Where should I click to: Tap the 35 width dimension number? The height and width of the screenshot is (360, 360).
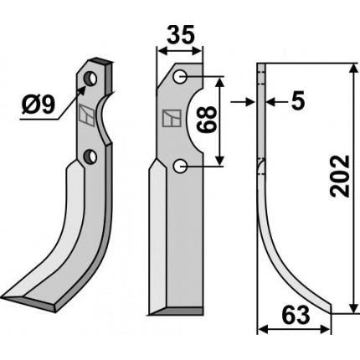(x=180, y=35)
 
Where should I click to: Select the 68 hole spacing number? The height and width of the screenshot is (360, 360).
(x=207, y=119)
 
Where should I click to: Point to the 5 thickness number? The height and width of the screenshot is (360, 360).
(x=297, y=101)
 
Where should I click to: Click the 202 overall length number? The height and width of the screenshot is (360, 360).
(x=340, y=176)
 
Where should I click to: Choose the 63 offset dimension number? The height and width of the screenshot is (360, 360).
(x=296, y=316)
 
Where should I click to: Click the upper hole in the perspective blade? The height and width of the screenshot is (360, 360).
(x=90, y=79)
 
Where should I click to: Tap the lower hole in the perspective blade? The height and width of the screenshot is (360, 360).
(x=90, y=157)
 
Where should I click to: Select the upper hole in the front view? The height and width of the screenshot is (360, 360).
(x=180, y=76)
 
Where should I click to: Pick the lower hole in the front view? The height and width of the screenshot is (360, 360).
(x=180, y=167)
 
